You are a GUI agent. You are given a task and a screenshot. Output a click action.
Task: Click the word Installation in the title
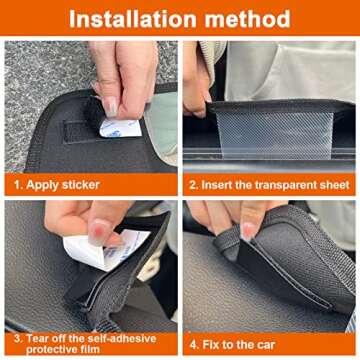tap(134, 19)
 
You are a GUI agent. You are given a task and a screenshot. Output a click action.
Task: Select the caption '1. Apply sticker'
tap(58, 185)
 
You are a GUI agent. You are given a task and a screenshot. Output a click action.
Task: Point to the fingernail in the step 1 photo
tap(109, 104)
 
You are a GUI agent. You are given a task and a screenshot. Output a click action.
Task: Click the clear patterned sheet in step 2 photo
tap(290, 127)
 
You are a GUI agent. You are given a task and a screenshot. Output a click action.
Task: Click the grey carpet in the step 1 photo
tap(40, 70)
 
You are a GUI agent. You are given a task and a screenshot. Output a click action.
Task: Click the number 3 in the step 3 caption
tap(16, 338)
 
